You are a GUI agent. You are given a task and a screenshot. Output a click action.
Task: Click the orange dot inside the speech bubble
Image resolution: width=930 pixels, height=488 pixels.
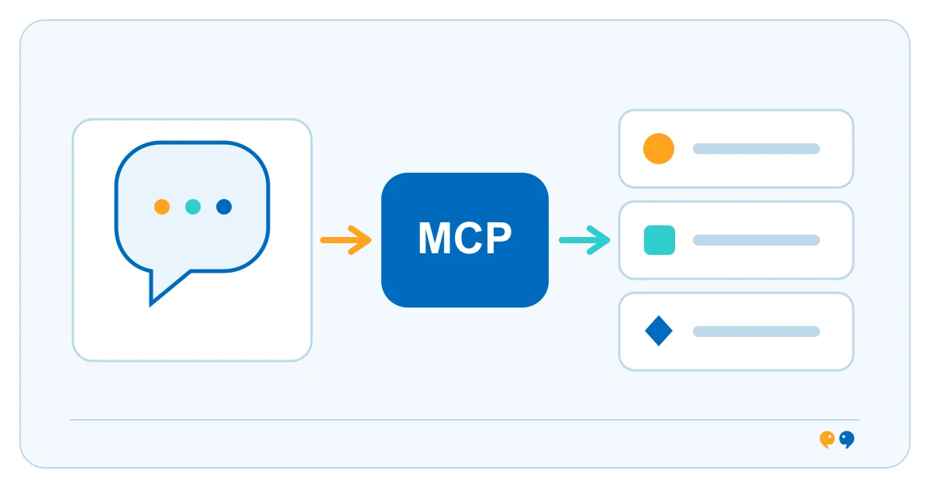162,207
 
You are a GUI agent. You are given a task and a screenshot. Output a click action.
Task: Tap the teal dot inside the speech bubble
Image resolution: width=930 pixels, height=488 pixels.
193,207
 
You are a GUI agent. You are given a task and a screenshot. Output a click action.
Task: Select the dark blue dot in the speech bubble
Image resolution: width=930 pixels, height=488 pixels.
224,207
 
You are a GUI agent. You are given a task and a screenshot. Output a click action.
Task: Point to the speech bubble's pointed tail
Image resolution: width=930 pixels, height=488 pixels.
150,305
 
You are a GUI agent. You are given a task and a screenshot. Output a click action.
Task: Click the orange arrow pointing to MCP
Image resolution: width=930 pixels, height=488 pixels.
346,240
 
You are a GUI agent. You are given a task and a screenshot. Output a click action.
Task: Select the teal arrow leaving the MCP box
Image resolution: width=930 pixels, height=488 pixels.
584,240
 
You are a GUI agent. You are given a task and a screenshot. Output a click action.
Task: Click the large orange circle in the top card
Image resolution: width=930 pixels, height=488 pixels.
659,149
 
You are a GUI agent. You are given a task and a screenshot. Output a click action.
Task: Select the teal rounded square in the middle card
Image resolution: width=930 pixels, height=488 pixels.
660,240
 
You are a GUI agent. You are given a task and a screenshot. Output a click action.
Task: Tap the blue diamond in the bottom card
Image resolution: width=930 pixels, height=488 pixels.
659,331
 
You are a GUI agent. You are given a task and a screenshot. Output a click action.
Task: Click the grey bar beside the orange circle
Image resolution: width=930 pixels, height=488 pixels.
756,149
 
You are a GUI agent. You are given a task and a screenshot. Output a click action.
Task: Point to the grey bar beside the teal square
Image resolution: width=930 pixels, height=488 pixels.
756,240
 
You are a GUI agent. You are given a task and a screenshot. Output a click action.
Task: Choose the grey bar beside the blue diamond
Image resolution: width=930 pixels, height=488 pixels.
756,332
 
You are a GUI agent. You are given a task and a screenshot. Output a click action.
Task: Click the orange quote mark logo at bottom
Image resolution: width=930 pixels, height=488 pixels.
827,439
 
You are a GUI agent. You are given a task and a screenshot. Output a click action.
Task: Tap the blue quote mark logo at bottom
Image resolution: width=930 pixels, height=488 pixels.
846,439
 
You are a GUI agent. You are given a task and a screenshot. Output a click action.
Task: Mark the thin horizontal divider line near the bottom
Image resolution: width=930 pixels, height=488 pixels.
465,420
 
